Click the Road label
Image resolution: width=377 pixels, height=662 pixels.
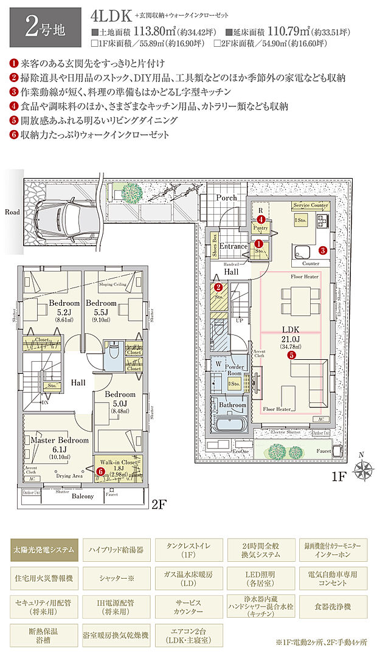click(12, 212)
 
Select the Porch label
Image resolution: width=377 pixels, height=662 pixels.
click(226, 198)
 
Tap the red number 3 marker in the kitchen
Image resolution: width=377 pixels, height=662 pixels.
click(323, 249)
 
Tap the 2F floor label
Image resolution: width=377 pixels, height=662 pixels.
click(159, 504)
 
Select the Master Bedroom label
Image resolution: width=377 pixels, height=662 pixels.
click(59, 440)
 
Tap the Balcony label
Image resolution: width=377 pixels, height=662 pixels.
click(80, 496)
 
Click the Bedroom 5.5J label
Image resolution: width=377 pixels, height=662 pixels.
click(100, 307)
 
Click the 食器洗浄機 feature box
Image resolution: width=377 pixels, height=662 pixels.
click(334, 607)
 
